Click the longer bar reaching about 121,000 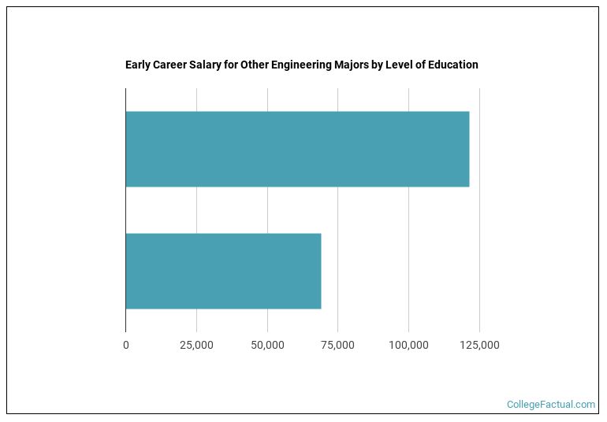[x=297, y=150]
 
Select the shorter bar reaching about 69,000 [x=223, y=271]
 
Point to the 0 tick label [x=125, y=346]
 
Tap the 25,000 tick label [x=196, y=346]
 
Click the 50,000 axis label [x=267, y=346]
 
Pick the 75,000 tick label [x=337, y=346]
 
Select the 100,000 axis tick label [x=408, y=346]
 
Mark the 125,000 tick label [x=479, y=346]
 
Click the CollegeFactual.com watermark [x=550, y=405]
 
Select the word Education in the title [x=452, y=65]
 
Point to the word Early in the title [x=137, y=65]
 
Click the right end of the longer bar [x=467, y=150]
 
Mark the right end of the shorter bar [x=319, y=271]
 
